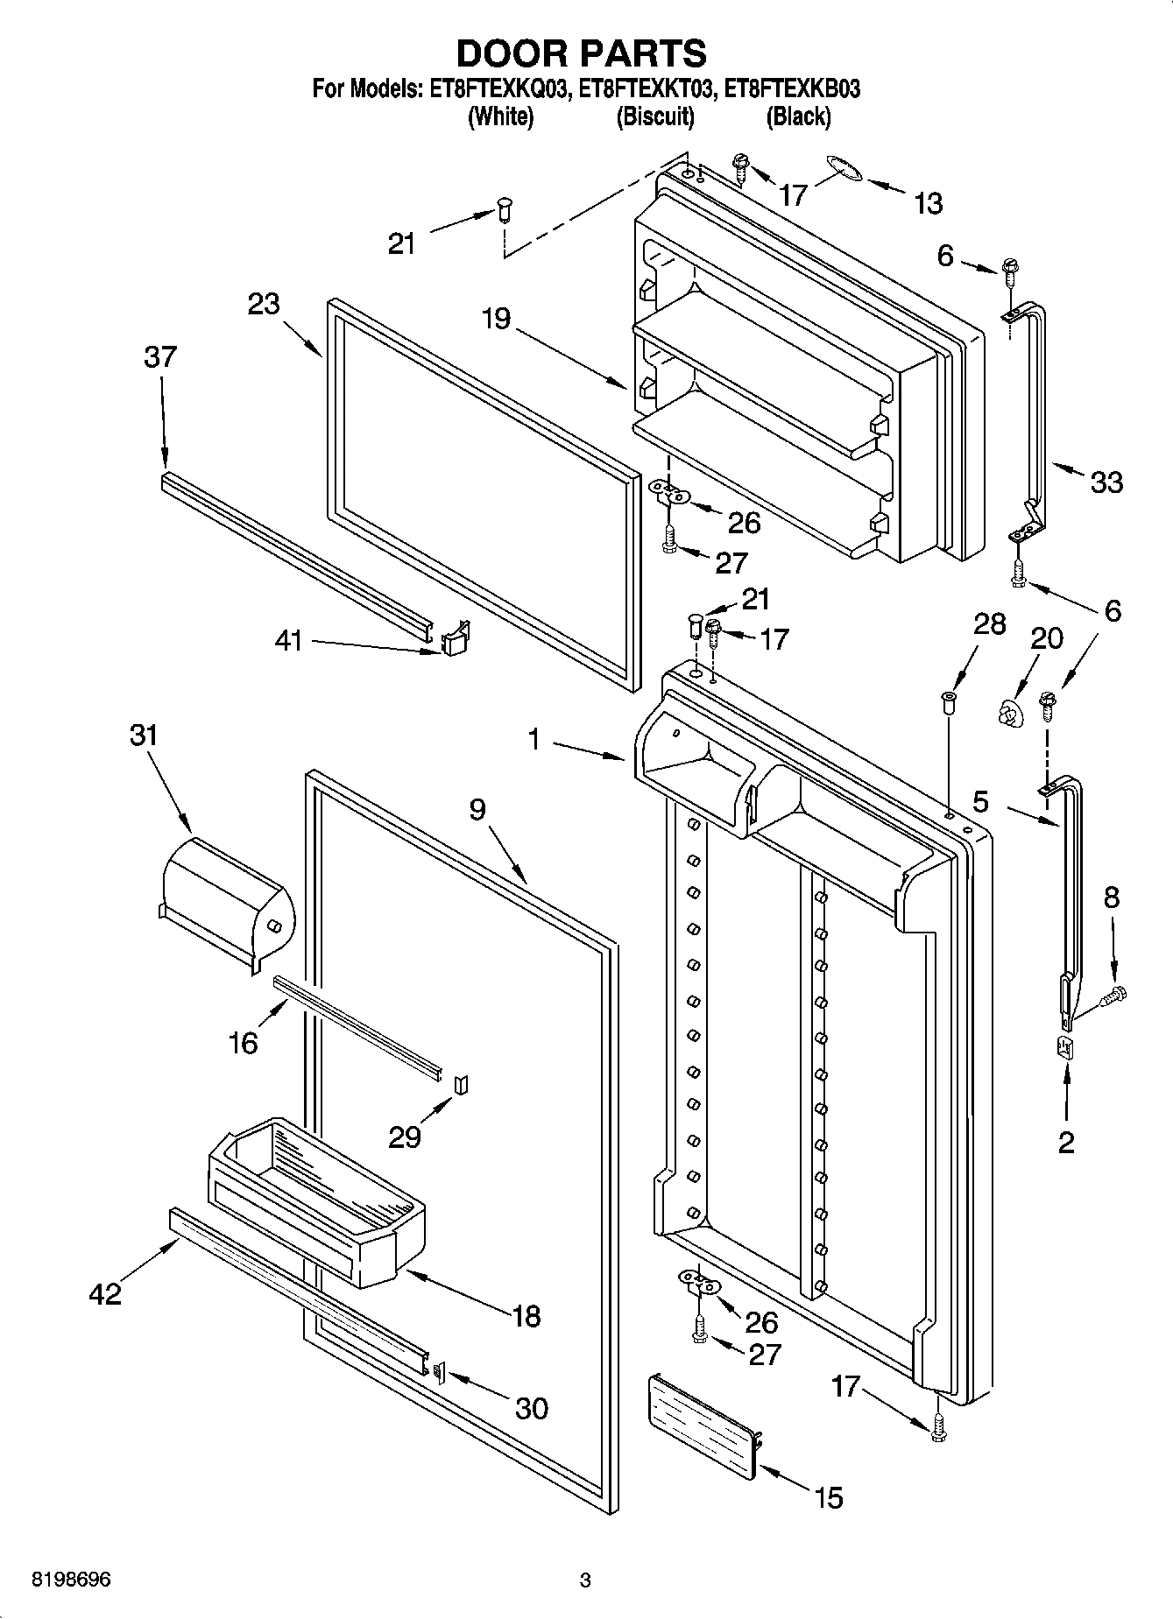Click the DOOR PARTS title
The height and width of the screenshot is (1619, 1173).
pyautogui.click(x=582, y=54)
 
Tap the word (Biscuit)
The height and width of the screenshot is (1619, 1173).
pyautogui.click(x=654, y=116)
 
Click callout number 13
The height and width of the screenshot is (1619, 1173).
pyautogui.click(x=928, y=204)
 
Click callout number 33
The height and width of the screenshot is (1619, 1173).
pyautogui.click(x=1106, y=482)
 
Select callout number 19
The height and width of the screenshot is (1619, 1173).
pyautogui.click(x=496, y=318)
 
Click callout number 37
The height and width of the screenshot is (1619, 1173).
pyautogui.click(x=160, y=357)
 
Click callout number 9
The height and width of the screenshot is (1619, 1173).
pyautogui.click(x=477, y=810)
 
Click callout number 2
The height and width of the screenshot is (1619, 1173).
pyautogui.click(x=1066, y=1142)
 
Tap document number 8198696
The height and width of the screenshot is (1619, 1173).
pyautogui.click(x=71, y=1580)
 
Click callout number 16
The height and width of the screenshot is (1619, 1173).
pyautogui.click(x=244, y=1042)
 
